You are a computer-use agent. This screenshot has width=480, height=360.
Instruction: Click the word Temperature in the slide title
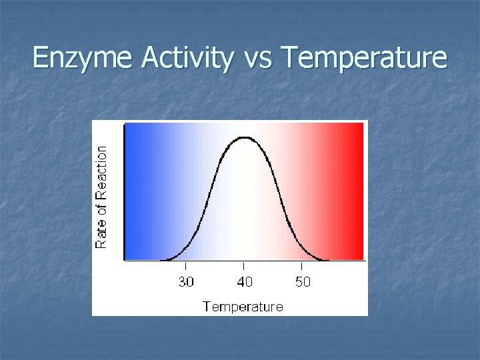365,59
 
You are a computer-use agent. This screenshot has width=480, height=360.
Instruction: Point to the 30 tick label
186,282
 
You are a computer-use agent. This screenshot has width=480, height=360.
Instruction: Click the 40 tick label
245,282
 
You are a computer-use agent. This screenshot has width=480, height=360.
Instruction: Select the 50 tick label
303,282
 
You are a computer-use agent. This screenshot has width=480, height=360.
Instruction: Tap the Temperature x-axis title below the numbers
243,307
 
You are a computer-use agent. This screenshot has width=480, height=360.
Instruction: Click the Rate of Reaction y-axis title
102,197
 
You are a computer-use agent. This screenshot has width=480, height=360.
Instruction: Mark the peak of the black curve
245,137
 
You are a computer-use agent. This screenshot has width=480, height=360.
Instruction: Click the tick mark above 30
186,267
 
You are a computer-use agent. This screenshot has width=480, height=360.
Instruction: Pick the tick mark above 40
245,267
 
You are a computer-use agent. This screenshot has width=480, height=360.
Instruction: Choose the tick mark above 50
303,267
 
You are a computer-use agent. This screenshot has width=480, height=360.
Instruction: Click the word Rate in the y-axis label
102,235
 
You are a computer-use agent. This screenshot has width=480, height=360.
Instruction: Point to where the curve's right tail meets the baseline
325,259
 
